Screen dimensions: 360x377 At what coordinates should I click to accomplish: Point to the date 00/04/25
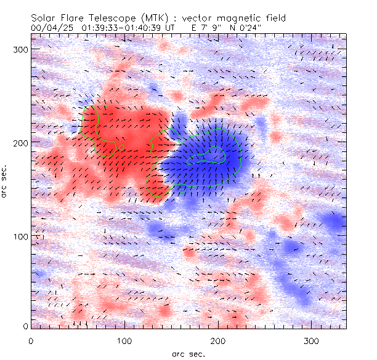click(x=49, y=28)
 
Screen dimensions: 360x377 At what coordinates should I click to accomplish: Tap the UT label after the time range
click(x=170, y=28)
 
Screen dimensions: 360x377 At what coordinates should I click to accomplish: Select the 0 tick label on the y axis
click(x=25, y=326)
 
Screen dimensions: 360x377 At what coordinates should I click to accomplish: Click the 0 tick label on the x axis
click(x=31, y=340)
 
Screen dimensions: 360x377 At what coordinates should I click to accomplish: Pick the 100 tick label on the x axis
click(x=124, y=340)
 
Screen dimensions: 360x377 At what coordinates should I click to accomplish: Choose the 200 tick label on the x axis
click(x=217, y=340)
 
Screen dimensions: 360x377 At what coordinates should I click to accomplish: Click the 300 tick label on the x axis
click(x=311, y=340)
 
